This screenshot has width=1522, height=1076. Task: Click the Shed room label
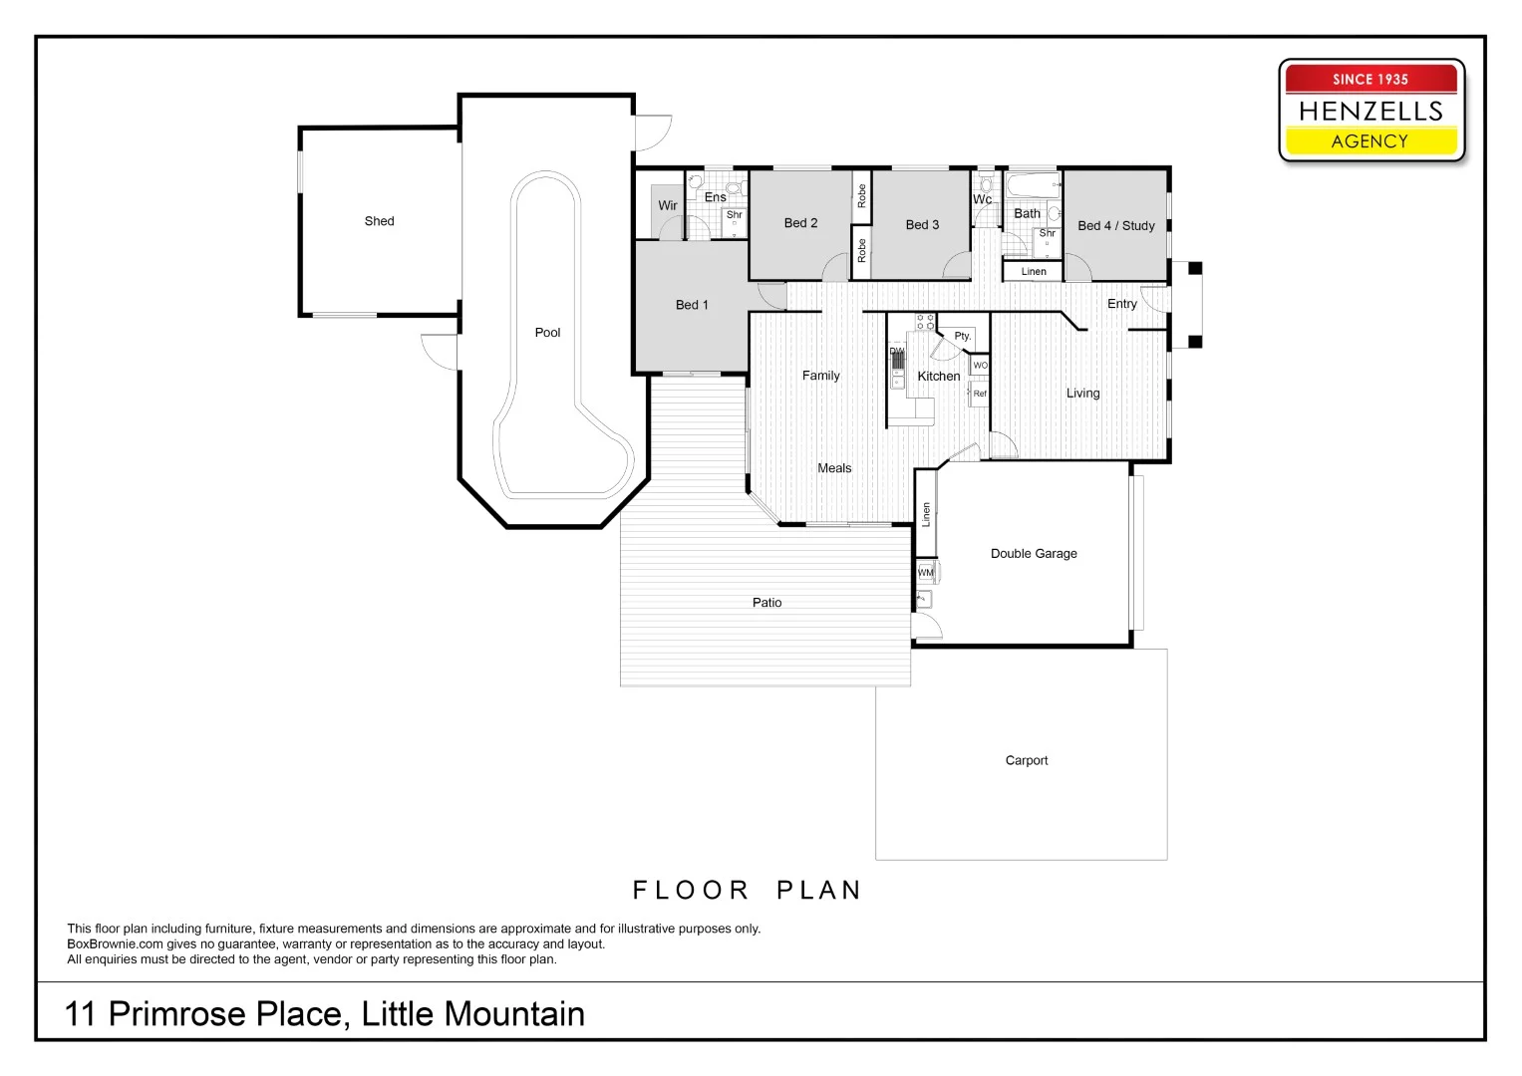[379, 221]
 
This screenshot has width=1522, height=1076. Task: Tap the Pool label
[547, 333]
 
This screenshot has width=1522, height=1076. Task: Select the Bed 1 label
[692, 305]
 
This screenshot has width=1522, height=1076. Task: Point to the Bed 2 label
[800, 223]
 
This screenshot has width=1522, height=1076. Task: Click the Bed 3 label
[922, 225]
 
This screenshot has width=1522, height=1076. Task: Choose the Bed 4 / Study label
[1115, 226]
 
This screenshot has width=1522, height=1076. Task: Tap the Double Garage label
[1034, 554]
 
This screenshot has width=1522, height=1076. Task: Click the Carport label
[1026, 760]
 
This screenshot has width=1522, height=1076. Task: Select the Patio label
[766, 603]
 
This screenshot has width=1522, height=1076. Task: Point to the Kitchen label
[938, 377]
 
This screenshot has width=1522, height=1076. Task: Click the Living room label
[1082, 394]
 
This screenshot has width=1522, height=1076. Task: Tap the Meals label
[834, 468]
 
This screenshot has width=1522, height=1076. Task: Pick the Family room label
[820, 376]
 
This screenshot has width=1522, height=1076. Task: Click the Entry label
[1121, 304]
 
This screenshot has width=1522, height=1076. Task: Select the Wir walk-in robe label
[667, 206]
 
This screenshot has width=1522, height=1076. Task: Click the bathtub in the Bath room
[1032, 186]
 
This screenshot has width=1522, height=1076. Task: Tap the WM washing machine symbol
[926, 573]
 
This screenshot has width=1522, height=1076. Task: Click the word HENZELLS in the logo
[1370, 111]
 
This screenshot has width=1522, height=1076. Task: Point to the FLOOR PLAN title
[747, 890]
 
